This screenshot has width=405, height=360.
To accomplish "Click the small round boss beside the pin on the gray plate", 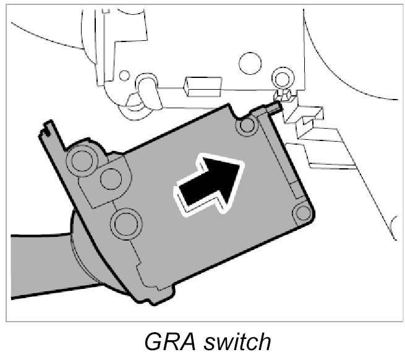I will tap(247, 126).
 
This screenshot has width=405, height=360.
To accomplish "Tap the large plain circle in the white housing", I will tap(251, 61).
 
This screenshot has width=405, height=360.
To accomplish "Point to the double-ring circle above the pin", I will tap(282, 79).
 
